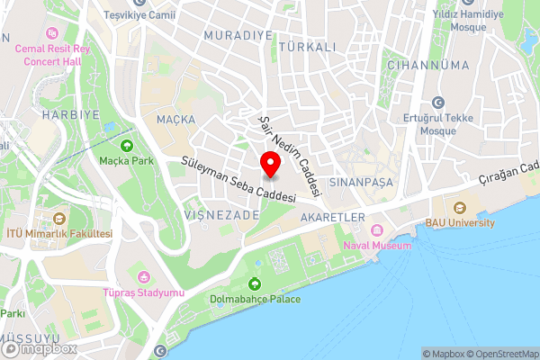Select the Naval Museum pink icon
click(377, 230)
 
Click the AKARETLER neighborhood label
click(334, 217)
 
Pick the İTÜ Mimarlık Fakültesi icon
click(60, 219)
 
